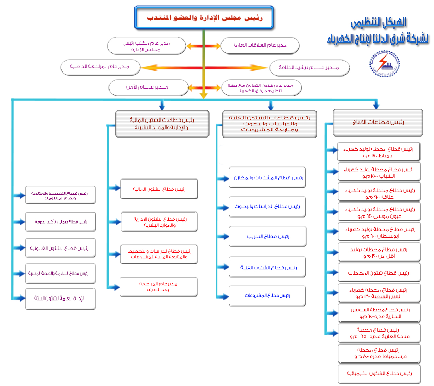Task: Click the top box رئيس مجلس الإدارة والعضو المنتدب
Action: point(204,17)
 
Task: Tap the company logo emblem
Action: point(385,64)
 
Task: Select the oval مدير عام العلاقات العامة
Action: point(260,45)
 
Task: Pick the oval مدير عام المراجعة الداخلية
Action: point(100,67)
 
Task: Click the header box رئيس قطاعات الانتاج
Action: point(378,122)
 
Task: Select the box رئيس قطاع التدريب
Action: point(267,236)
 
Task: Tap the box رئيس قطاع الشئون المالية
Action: point(159,189)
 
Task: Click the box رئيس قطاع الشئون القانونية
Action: point(60,248)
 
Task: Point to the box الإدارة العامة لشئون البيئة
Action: point(60,299)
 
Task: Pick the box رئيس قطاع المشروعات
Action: point(267,295)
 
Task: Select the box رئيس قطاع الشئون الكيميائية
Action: point(379,373)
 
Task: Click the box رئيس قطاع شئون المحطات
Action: point(379,273)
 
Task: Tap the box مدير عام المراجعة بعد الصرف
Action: point(158,287)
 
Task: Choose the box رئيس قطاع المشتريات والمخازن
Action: point(267,177)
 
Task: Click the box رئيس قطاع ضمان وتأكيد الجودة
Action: point(60,222)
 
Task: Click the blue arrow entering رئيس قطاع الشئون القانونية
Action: point(20,248)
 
